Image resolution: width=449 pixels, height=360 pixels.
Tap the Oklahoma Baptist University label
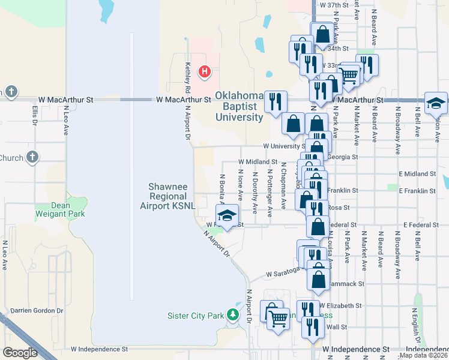click(x=239, y=107)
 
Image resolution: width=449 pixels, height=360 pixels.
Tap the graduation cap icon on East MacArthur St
click(x=435, y=103)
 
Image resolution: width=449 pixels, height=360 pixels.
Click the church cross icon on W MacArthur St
click(x=11, y=92)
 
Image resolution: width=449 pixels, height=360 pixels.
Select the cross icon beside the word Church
click(x=32, y=158)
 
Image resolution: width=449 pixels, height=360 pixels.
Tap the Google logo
click(x=20, y=353)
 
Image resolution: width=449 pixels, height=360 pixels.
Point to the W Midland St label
click(x=258, y=162)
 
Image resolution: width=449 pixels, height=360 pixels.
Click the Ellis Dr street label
click(x=35, y=115)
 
